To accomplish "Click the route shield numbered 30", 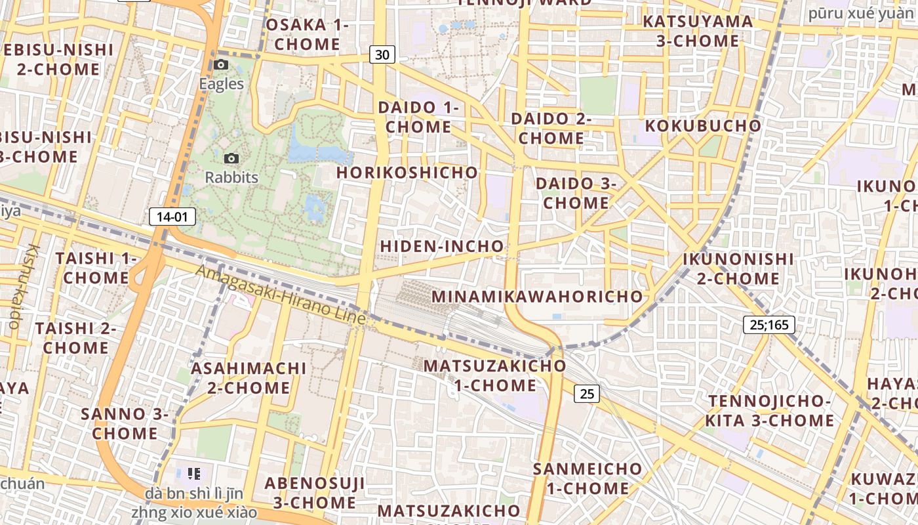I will [x=382, y=54].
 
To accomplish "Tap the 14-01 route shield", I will [x=172, y=217].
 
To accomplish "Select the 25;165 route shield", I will [x=769, y=324].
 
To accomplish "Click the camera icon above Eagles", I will [x=221, y=65].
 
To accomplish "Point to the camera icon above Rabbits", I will [x=231, y=159].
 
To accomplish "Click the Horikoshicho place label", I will [x=407, y=173].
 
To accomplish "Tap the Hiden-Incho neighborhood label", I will [x=442, y=247].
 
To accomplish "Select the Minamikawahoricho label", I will [x=537, y=297].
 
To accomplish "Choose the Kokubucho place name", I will [x=703, y=126].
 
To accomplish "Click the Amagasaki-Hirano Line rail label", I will [x=281, y=295].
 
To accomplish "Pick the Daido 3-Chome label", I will [x=576, y=193].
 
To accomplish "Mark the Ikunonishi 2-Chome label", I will [x=738, y=268].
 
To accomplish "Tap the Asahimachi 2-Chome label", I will [x=249, y=377].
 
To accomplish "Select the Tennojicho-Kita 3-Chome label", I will [x=770, y=410].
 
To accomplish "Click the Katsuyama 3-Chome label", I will [x=698, y=31].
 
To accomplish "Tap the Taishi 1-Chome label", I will [x=96, y=268].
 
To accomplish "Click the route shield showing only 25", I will [x=586, y=394].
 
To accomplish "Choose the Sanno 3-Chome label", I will [x=125, y=423].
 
